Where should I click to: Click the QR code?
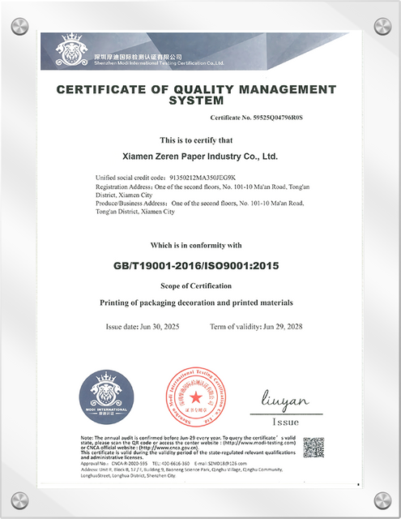(x=314, y=447)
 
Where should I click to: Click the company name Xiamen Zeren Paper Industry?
(x=199, y=154)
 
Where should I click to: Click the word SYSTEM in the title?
(x=195, y=101)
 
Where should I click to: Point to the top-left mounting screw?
(x=19, y=27)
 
